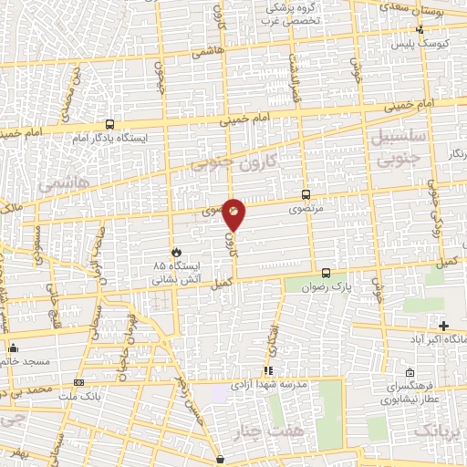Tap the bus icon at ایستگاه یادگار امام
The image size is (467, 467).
(x=109, y=125)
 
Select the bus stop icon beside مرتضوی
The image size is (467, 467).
(x=306, y=194)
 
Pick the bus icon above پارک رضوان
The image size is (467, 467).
(x=326, y=273)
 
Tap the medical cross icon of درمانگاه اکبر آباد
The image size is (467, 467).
(x=443, y=326)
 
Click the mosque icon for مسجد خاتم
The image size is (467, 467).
(x=13, y=348)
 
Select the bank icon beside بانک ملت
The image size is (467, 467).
(x=79, y=382)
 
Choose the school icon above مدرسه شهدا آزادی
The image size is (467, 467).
(x=268, y=370)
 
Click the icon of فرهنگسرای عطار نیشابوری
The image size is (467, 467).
(x=411, y=372)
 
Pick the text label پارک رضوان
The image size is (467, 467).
(x=329, y=288)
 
